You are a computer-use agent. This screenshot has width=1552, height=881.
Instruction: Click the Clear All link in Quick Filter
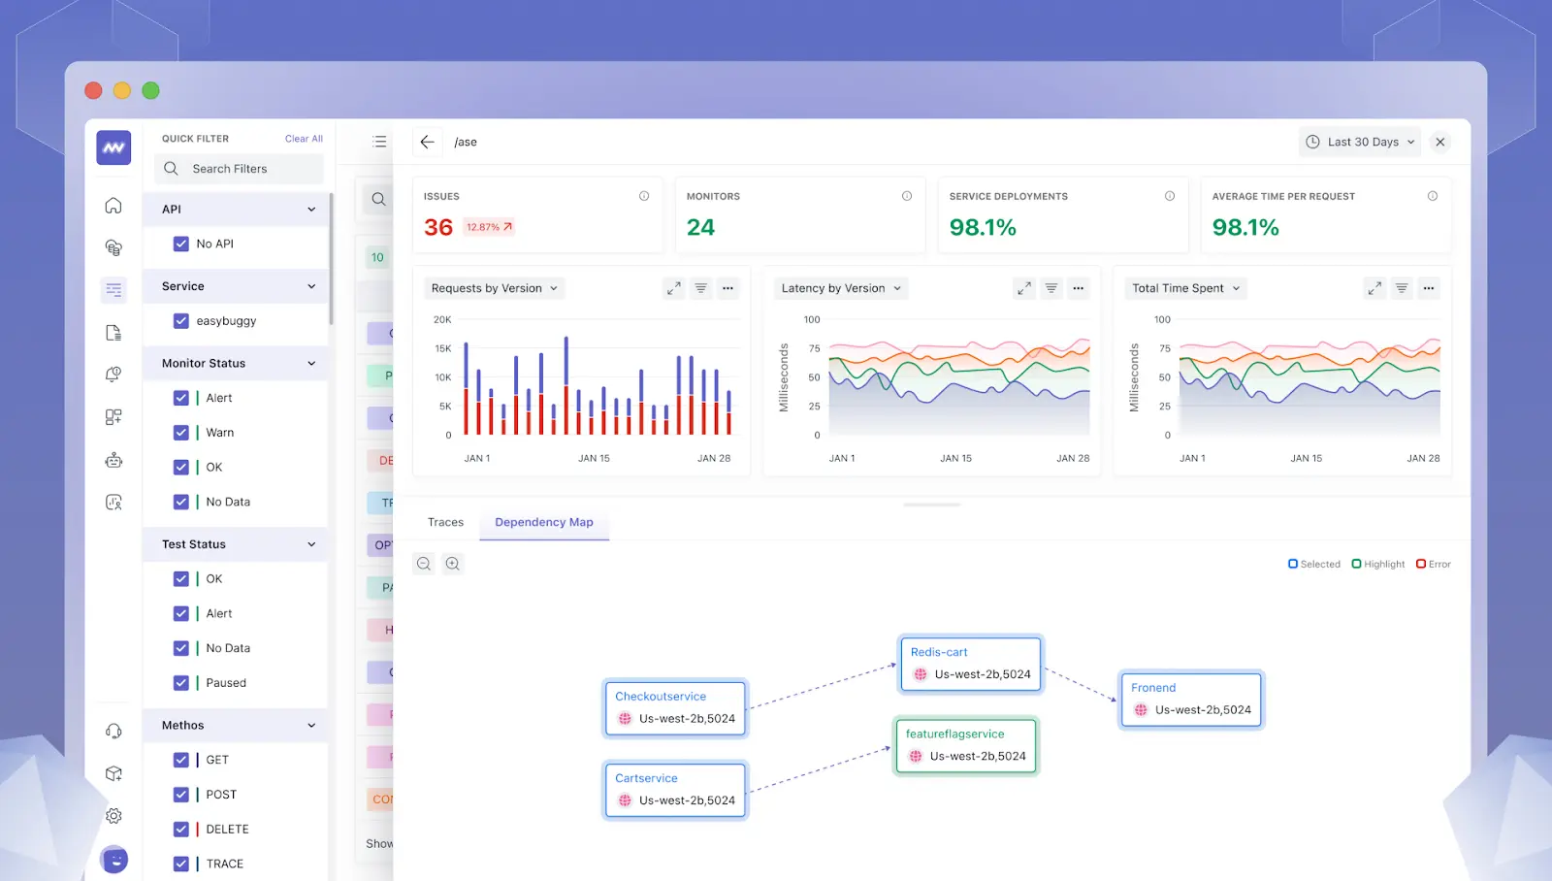pos(304,139)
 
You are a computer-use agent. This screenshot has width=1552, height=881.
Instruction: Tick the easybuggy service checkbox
pos(181,321)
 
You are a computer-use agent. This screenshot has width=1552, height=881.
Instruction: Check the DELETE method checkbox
pos(181,830)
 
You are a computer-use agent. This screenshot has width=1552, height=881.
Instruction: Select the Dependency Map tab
pos(543,522)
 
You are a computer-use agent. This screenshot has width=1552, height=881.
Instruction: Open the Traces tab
pos(445,522)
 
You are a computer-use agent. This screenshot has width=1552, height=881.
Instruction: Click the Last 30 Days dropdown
pos(1360,142)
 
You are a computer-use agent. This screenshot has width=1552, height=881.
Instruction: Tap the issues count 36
pos(438,227)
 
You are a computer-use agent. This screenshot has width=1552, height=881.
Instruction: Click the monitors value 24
pos(700,227)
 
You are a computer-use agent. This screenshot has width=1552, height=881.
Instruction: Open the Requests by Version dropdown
pos(494,288)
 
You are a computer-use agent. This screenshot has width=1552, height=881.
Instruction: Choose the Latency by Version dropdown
pos(841,288)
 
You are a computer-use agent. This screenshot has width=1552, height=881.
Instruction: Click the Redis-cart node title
pos(939,652)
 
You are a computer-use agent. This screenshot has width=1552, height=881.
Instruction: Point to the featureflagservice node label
pos(954,734)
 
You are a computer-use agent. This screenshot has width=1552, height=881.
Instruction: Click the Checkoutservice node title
pos(661,697)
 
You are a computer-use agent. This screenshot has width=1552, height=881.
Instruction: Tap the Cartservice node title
pos(646,778)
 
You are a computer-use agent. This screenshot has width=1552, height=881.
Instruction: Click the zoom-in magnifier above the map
pos(453,564)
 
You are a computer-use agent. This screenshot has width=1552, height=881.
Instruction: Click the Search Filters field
pos(239,169)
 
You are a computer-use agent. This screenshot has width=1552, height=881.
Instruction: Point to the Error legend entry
pos(1434,564)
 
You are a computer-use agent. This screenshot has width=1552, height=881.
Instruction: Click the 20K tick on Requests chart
pos(442,319)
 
